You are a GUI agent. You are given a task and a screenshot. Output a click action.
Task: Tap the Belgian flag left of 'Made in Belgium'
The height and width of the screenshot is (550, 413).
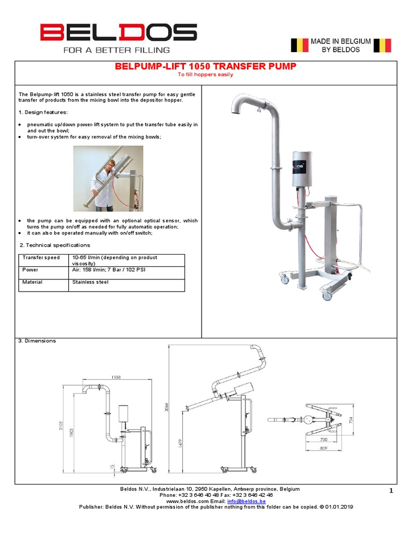(x=300, y=45)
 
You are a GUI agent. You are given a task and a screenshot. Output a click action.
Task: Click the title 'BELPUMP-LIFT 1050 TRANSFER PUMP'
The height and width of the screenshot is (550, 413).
(x=205, y=67)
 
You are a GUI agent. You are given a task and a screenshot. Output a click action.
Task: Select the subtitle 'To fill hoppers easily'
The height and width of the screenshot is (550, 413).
(x=205, y=75)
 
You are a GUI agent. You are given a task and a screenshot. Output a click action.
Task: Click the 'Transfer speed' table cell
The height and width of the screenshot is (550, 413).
(x=41, y=258)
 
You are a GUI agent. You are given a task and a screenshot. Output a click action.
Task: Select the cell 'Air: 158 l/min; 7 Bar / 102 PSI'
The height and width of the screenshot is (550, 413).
(x=109, y=270)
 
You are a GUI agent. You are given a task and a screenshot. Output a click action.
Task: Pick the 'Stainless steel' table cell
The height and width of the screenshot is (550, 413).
(x=90, y=282)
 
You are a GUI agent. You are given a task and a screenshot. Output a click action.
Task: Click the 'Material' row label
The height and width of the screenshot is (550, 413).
(x=32, y=282)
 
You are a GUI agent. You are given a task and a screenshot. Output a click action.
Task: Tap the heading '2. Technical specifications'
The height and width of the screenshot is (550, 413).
(x=54, y=245)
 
